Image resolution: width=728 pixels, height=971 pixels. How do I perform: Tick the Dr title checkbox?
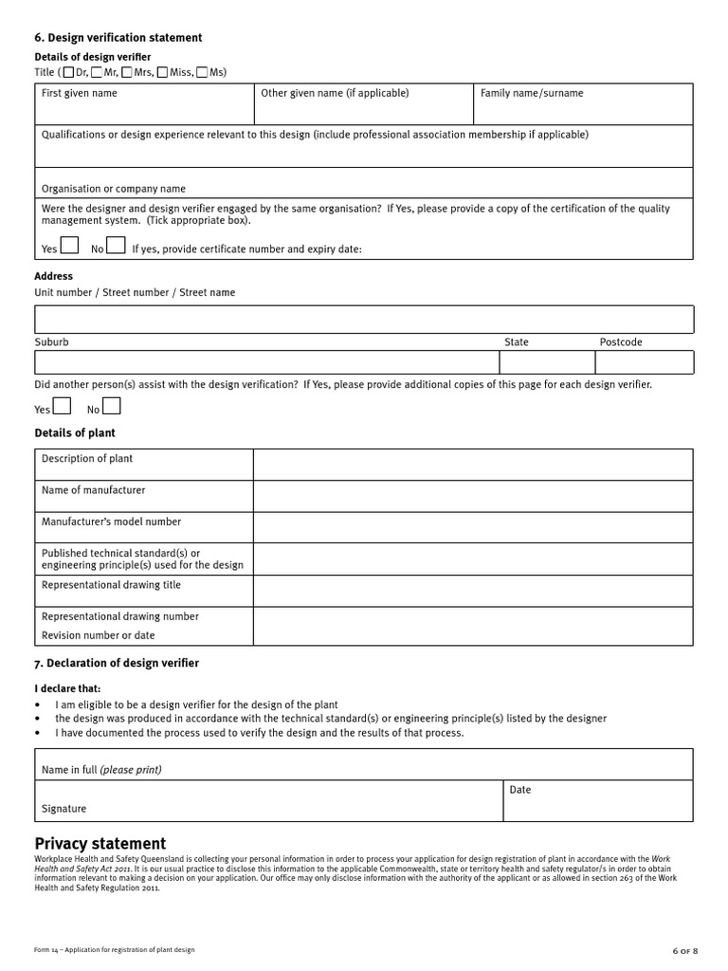pyautogui.click(x=68, y=72)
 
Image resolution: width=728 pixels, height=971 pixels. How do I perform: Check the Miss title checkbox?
pyautogui.click(x=163, y=72)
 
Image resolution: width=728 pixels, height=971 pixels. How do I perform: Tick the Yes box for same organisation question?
pyautogui.click(x=69, y=246)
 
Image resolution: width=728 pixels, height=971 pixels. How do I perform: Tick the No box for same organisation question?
pyautogui.click(x=116, y=246)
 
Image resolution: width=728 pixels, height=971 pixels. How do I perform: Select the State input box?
pyautogui.click(x=547, y=362)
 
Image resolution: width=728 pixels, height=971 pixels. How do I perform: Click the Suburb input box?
pyautogui.click(x=266, y=362)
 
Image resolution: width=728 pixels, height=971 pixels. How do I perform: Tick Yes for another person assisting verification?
pyautogui.click(x=61, y=406)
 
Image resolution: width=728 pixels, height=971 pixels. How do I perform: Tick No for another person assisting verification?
pyautogui.click(x=111, y=406)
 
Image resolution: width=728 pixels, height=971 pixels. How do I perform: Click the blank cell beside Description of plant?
pyautogui.click(x=472, y=465)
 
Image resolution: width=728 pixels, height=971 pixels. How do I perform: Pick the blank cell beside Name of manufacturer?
pyautogui.click(x=472, y=496)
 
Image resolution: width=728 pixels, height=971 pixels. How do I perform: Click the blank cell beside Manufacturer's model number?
pyautogui.click(x=472, y=527)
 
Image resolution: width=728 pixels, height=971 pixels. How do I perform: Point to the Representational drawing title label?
pyautogui.click(x=111, y=585)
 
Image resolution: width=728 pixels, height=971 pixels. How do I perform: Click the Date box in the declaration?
pyautogui.click(x=597, y=801)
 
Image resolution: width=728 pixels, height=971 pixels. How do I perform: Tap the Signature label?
pyautogui.click(x=64, y=809)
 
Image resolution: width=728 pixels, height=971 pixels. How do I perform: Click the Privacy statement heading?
pyautogui.click(x=100, y=844)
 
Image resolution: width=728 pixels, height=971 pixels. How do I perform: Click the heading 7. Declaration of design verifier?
pyautogui.click(x=117, y=663)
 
